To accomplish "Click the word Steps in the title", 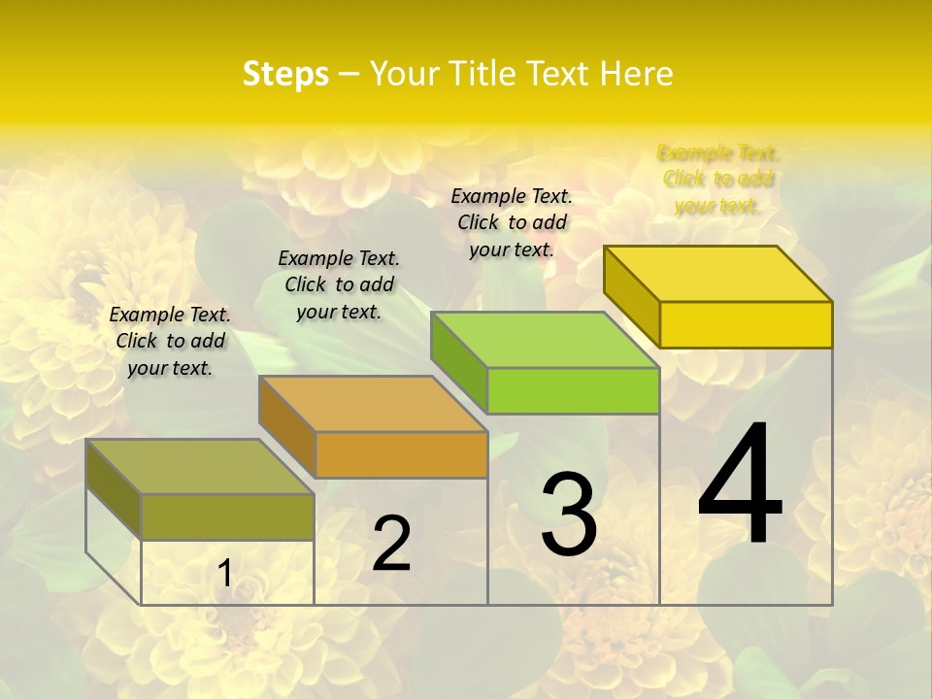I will click(x=285, y=74).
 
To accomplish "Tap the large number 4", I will click(x=740, y=485).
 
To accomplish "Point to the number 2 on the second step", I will click(x=391, y=544).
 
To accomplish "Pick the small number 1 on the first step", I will click(x=225, y=574).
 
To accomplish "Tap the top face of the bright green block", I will click(x=545, y=340).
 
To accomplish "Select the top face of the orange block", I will click(x=373, y=404).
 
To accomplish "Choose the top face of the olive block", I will click(x=200, y=467).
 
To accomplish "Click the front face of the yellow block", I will click(x=746, y=324).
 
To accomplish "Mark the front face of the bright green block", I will click(x=573, y=390).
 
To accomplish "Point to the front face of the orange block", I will click(x=401, y=454).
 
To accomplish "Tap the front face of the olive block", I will click(x=227, y=516).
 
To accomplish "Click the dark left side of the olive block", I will click(x=114, y=489).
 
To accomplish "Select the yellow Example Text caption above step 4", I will click(x=718, y=179).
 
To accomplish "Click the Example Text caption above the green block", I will click(x=512, y=222).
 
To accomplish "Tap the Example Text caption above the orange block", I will click(x=339, y=284).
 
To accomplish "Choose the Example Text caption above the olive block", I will click(x=170, y=341).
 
